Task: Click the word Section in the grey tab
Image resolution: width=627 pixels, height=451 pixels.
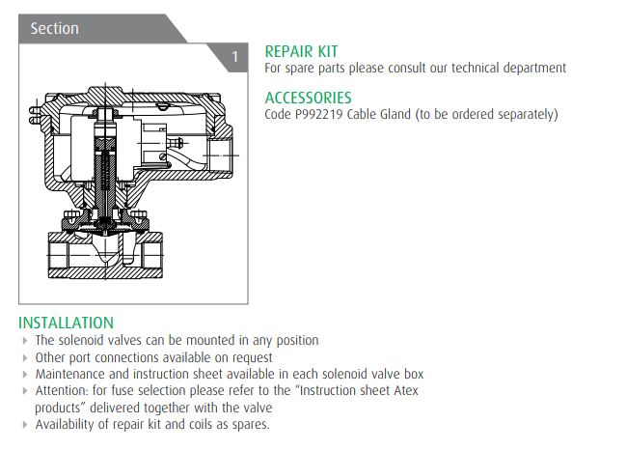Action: click(54, 28)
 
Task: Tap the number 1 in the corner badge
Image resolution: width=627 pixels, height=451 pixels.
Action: click(235, 57)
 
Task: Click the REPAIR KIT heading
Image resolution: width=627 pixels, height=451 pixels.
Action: click(301, 51)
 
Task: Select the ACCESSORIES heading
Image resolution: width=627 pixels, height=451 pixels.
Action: click(308, 98)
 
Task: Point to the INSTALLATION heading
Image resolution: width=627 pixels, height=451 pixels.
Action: click(66, 323)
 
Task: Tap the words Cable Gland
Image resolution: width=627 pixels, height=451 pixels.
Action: click(379, 114)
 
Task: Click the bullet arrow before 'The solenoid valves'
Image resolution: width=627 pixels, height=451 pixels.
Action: click(25, 341)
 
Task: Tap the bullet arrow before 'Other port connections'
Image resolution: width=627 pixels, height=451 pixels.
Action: click(25, 357)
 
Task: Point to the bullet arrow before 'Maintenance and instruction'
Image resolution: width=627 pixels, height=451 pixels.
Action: click(25, 375)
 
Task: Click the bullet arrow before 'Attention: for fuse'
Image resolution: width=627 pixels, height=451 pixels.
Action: click(25, 391)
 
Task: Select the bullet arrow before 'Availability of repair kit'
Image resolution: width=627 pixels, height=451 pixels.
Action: click(25, 425)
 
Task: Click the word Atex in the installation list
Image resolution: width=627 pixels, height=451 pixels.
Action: click(406, 390)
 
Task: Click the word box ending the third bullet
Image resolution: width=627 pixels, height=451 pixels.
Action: click(414, 374)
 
